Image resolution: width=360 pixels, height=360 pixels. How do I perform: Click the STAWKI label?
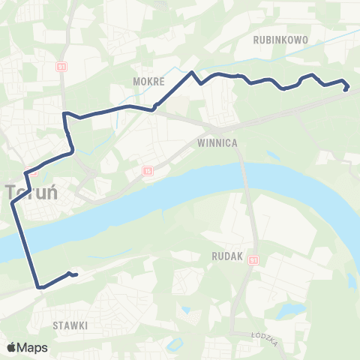[x=70, y=325]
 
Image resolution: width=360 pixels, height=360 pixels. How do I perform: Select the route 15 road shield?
[x=148, y=171]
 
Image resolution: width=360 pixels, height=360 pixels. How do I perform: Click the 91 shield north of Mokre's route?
[x=61, y=66]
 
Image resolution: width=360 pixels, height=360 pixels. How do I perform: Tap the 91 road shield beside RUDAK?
[x=253, y=259]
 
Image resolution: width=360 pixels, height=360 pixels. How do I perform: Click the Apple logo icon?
[x=12, y=347]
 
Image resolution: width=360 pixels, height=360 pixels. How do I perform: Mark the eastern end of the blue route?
[x=346, y=89]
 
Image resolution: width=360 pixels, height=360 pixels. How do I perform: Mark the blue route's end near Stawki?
[x=76, y=275]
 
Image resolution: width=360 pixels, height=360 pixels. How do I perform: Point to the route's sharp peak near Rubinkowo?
[x=193, y=72]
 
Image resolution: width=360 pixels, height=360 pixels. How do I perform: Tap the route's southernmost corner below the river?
[x=38, y=286]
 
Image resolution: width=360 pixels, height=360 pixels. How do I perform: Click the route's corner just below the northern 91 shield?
[x=64, y=114]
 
